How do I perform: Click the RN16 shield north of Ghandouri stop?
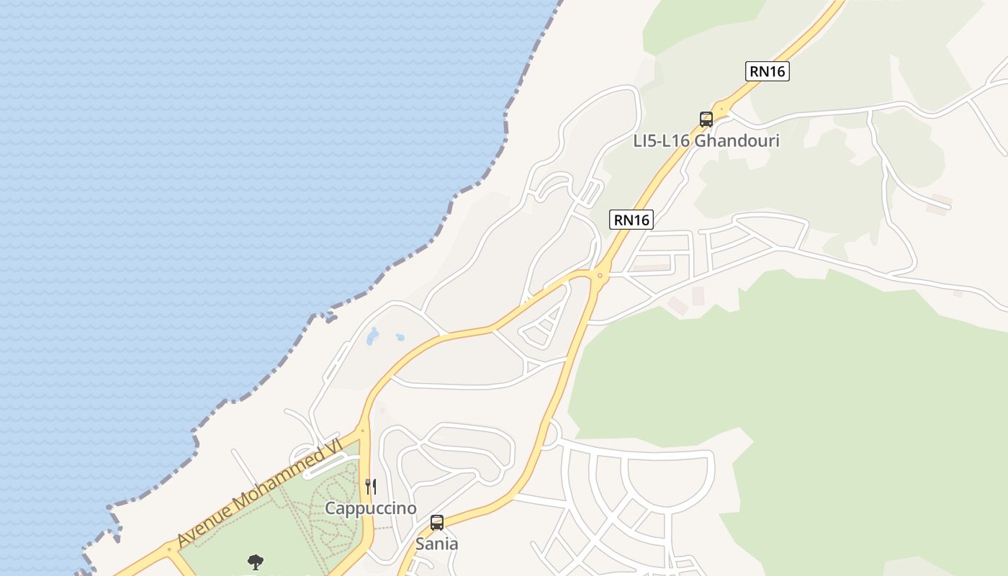(767, 71)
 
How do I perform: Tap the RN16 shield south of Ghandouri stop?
(631, 220)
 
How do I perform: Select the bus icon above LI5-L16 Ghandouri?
(706, 120)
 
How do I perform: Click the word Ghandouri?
(737, 140)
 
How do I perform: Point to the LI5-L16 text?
(662, 140)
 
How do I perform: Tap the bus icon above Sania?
(437, 523)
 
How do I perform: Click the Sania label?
(436, 544)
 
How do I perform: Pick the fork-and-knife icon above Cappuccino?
(371, 487)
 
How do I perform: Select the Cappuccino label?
(371, 508)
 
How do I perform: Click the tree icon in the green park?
(255, 562)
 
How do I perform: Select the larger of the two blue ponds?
(372, 336)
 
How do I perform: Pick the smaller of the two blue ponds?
(399, 336)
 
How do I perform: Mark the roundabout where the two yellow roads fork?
(600, 274)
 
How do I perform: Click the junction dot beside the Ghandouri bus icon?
(722, 110)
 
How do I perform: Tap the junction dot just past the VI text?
(361, 431)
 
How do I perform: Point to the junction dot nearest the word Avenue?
(170, 549)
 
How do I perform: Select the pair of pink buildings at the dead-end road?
(940, 204)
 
